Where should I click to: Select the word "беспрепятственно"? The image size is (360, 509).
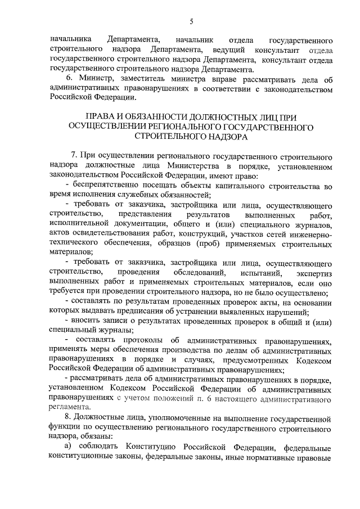pos(106,185)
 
